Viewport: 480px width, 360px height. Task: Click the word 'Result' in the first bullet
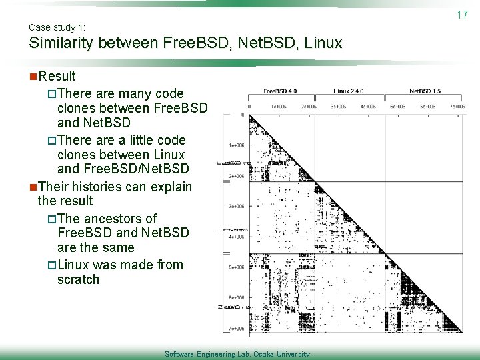[x=57, y=76]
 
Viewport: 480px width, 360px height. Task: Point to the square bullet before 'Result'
[x=33, y=76]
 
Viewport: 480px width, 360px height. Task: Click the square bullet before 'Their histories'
[x=33, y=187]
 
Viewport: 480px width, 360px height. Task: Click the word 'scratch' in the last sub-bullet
[x=78, y=279]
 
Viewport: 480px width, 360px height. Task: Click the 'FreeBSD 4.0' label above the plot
[x=280, y=91]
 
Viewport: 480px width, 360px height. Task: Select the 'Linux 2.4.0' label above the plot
[x=349, y=91]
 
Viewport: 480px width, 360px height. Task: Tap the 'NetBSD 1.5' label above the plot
[x=425, y=91]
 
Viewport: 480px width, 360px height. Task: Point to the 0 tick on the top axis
[x=249, y=106]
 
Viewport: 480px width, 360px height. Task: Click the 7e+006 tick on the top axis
[x=457, y=106]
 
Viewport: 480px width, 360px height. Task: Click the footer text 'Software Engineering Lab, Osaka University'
[x=237, y=354]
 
